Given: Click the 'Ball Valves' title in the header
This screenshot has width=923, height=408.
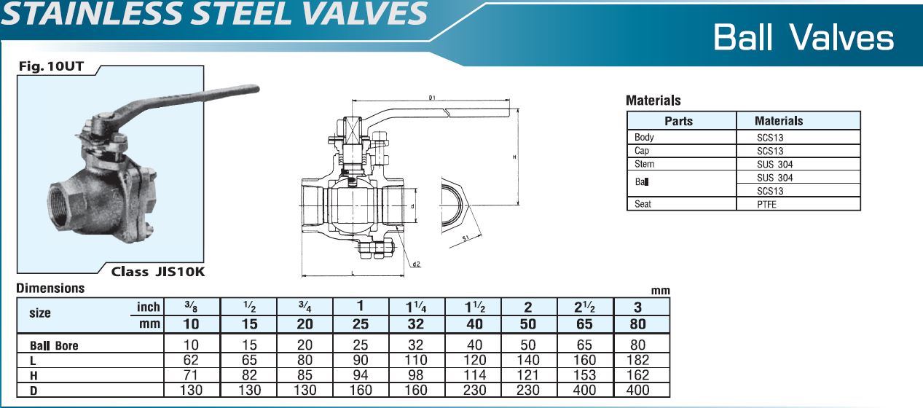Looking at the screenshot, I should click(x=804, y=37).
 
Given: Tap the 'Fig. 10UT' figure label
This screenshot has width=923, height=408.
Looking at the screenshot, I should click(x=51, y=68).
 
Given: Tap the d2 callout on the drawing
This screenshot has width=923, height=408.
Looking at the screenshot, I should click(x=416, y=264).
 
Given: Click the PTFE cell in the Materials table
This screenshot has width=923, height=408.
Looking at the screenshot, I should click(x=766, y=205).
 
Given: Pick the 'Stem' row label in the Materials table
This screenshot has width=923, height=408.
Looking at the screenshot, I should click(x=645, y=164).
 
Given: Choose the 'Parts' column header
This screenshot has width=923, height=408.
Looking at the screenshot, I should click(x=678, y=121).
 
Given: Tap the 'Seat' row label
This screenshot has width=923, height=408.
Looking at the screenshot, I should click(x=643, y=205).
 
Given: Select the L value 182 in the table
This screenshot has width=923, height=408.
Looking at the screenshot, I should click(x=641, y=360).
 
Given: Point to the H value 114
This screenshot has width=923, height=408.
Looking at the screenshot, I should click(x=474, y=375).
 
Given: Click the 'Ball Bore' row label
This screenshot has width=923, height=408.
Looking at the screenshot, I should click(x=53, y=346).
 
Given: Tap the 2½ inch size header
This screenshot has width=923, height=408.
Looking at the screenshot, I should click(x=585, y=307).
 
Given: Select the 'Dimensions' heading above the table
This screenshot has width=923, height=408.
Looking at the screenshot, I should click(x=50, y=289).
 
